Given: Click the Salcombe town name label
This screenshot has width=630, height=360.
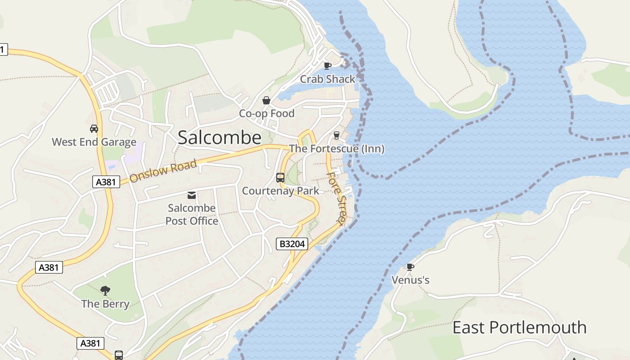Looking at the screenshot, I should pyautogui.click(x=219, y=137).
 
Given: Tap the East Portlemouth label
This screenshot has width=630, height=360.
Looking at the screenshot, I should pyautogui.click(x=519, y=327).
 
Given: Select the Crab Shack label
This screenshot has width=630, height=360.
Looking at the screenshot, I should pyautogui.click(x=328, y=79).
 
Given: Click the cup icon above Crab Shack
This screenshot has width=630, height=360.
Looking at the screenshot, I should pyautogui.click(x=328, y=66).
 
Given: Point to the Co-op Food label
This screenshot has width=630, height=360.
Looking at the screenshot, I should pyautogui.click(x=266, y=113).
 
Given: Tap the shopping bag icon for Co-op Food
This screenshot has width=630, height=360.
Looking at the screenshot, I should pyautogui.click(x=266, y=100).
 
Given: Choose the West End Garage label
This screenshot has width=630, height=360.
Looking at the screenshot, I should pyautogui.click(x=94, y=142).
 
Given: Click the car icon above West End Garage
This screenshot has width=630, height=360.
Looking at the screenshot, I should pyautogui.click(x=94, y=129).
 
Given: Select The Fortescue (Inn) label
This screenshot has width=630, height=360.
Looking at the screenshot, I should pyautogui.click(x=337, y=148).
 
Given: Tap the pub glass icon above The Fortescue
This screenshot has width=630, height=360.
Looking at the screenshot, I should pyautogui.click(x=336, y=135).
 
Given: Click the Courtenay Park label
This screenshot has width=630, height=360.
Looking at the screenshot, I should pyautogui.click(x=280, y=191).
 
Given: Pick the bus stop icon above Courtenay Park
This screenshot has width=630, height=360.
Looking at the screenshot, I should pyautogui.click(x=280, y=178).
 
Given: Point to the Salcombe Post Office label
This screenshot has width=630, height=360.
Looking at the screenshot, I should pyautogui.click(x=192, y=215).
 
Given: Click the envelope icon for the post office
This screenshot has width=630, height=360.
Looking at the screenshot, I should pyautogui.click(x=192, y=195).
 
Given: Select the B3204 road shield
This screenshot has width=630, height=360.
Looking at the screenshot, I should pyautogui.click(x=292, y=244).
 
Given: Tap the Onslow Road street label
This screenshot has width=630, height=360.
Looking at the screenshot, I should pyautogui.click(x=163, y=171).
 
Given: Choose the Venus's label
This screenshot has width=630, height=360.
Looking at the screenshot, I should pyautogui.click(x=410, y=280).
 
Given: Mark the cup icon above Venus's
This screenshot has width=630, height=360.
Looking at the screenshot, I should pyautogui.click(x=410, y=267).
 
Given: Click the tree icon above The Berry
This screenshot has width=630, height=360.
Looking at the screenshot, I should pyautogui.click(x=105, y=290).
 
